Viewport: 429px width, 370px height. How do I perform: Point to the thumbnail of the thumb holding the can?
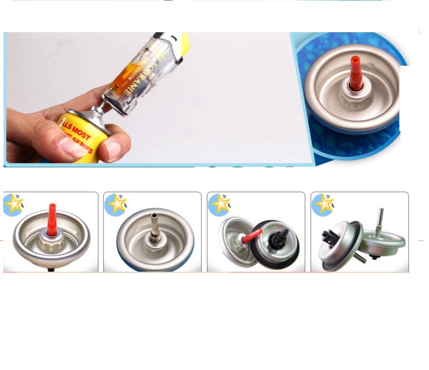tap(72, 146)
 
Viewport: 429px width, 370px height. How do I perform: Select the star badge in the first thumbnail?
tap(13, 204)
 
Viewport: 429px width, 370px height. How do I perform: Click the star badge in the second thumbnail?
tap(116, 204)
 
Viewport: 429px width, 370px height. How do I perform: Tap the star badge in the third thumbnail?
tap(220, 204)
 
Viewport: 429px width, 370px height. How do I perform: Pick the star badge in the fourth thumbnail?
tap(323, 204)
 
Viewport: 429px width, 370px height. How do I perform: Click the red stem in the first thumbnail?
tap(53, 219)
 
